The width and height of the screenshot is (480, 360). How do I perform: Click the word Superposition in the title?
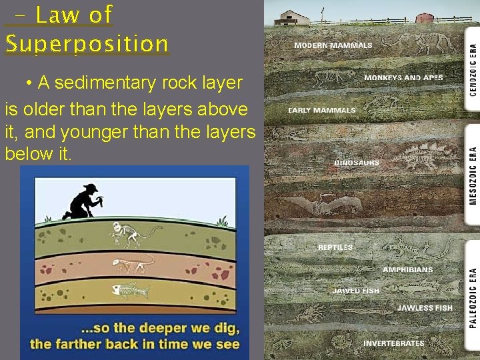87,44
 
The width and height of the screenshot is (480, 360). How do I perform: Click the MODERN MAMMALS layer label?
333,45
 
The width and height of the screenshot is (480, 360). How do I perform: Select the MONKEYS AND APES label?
403,78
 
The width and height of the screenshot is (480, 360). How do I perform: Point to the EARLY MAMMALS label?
322,110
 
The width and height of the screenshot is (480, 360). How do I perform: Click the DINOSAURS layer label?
357,163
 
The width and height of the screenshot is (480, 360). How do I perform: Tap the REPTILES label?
335,247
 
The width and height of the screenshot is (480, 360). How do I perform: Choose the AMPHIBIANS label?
407,270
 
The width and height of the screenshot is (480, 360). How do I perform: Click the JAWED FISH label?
356,291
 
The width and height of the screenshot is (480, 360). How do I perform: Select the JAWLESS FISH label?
425,308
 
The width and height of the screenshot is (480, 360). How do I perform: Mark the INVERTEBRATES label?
393,343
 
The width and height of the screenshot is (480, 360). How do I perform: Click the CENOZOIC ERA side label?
473,69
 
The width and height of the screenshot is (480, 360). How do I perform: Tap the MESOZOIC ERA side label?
473,175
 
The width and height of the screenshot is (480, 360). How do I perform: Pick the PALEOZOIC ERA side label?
473,297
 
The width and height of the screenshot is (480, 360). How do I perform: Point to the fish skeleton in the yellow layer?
129,291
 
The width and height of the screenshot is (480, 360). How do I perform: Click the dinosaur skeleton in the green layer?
133,233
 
